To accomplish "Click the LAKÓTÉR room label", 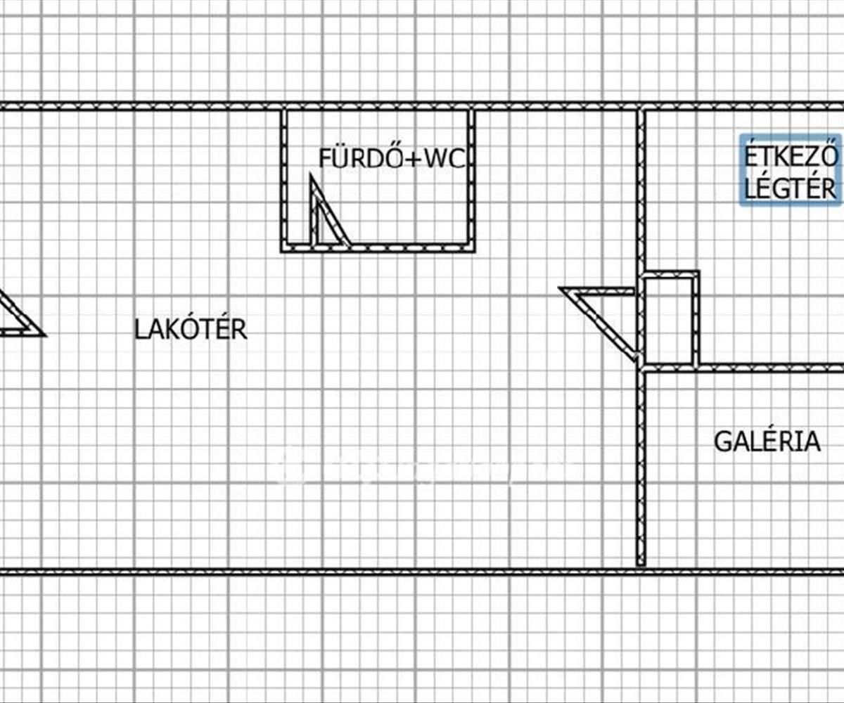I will click(x=191, y=329).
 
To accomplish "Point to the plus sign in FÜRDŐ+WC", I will click(x=412, y=159).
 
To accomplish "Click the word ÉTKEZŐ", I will click(x=791, y=156).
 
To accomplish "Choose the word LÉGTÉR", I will click(x=791, y=188).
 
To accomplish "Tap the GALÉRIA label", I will click(x=767, y=441).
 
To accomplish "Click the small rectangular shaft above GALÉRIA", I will click(x=670, y=320).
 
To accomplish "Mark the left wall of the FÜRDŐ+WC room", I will click(x=284, y=179).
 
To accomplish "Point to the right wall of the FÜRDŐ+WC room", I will click(x=471, y=179).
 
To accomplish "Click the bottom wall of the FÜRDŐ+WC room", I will click(x=408, y=247).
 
